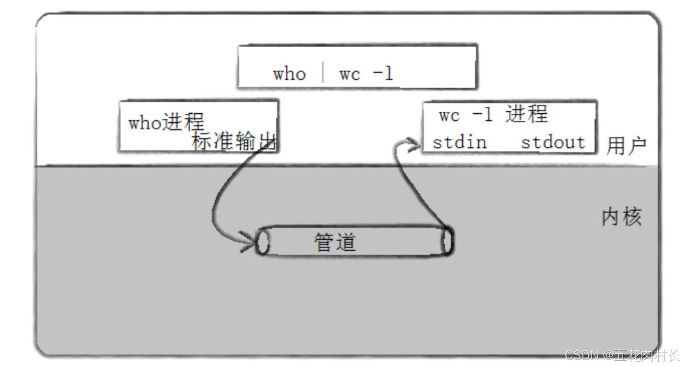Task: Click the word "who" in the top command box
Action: click(x=289, y=74)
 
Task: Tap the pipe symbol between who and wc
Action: click(x=323, y=72)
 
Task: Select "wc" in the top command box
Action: click(x=349, y=75)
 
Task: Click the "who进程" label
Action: click(x=166, y=122)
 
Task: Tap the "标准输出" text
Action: click(x=234, y=141)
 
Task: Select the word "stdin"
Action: click(x=459, y=142)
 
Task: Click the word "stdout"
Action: click(x=553, y=142)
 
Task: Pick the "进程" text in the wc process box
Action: click(x=527, y=114)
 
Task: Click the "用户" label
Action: click(x=626, y=146)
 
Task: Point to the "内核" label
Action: click(x=622, y=217)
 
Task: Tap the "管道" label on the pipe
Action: click(x=335, y=242)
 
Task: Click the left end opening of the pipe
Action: click(x=262, y=242)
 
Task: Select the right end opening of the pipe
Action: click(x=447, y=242)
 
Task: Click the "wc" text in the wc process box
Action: click(x=449, y=115)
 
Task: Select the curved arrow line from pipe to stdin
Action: click(x=410, y=187)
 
